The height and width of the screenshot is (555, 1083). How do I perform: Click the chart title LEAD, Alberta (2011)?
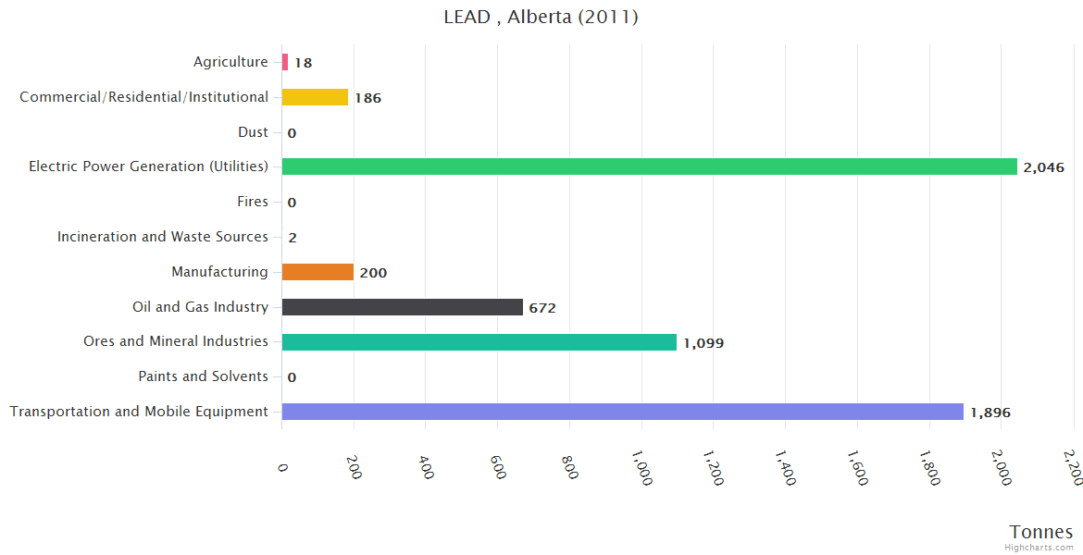(x=541, y=18)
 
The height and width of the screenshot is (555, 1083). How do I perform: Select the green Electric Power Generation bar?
(x=649, y=166)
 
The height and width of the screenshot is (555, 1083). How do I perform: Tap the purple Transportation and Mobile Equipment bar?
(x=622, y=412)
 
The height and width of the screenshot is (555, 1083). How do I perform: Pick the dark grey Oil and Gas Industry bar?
(x=402, y=307)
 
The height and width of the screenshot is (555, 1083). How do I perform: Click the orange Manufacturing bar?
(x=317, y=272)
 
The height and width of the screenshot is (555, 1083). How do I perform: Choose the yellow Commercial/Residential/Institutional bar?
(x=315, y=97)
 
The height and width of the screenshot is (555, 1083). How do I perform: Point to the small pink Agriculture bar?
(x=285, y=62)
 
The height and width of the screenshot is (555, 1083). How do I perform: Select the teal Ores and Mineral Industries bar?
(x=479, y=342)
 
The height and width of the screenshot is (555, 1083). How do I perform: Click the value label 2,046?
(x=1043, y=168)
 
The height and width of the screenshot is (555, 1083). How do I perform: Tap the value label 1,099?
(x=703, y=343)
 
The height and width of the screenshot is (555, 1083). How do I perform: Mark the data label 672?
(x=542, y=308)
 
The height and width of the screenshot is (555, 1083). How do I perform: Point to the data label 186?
(x=367, y=98)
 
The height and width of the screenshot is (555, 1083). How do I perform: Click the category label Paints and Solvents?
(x=203, y=376)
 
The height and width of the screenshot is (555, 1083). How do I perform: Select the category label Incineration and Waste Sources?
(x=163, y=237)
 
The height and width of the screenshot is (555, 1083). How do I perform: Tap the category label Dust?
(x=253, y=132)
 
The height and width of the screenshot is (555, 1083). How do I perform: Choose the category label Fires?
(x=253, y=202)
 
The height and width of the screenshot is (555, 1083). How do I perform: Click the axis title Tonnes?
(x=1041, y=532)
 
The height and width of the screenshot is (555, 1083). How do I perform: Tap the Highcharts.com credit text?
(x=1039, y=548)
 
